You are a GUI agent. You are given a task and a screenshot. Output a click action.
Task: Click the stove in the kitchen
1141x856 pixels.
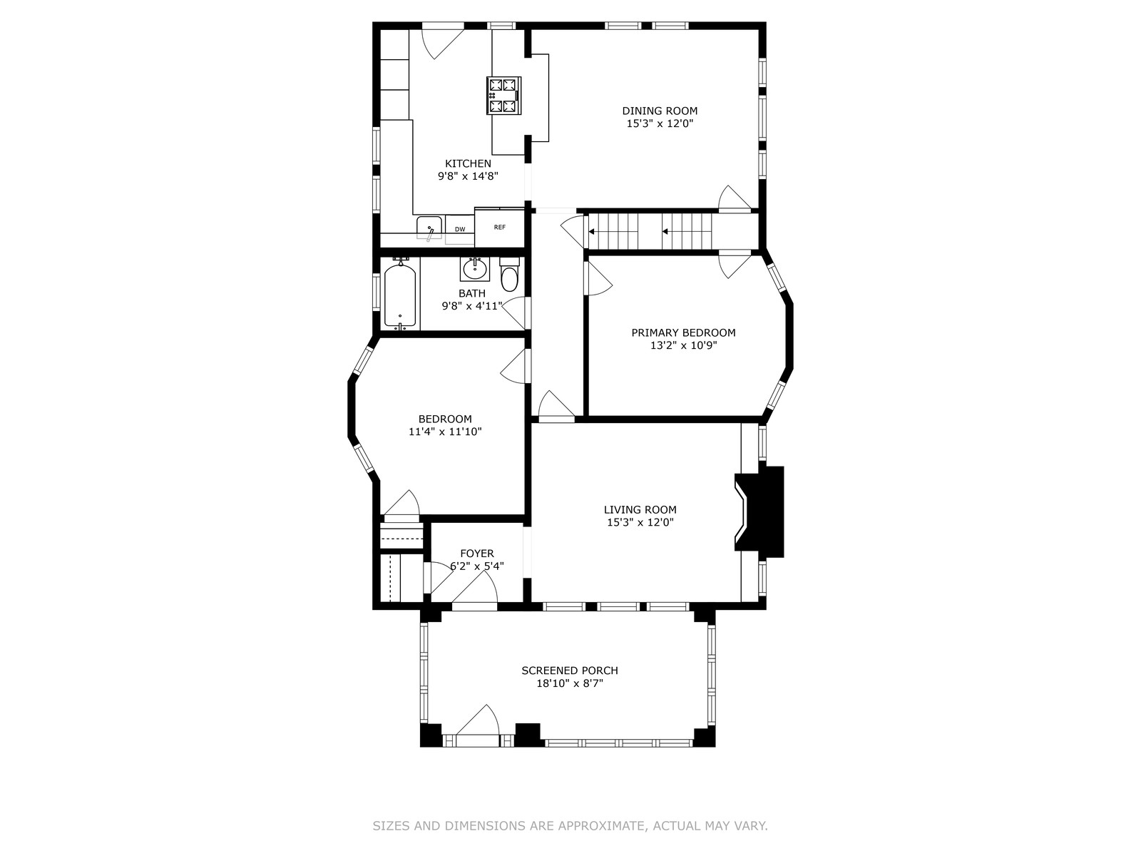tap(503, 95)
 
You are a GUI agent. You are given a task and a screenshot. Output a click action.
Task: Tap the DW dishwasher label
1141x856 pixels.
tap(460, 229)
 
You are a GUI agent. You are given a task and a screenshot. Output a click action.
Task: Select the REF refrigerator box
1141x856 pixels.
tap(500, 227)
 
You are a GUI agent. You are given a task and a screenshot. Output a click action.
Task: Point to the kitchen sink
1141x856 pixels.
tap(429, 228)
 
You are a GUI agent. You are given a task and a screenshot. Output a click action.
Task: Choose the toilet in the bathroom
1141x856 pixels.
tap(509, 274)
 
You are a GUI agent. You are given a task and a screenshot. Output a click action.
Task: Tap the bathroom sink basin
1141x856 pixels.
tap(475, 269)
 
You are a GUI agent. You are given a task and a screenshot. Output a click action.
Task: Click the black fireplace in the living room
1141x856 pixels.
tap(759, 512)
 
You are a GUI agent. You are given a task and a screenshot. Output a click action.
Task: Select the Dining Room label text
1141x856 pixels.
tap(660, 111)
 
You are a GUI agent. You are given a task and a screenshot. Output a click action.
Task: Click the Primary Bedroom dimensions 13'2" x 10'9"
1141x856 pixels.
tap(684, 346)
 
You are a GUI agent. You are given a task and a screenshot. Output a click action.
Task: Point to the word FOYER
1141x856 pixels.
tap(476, 554)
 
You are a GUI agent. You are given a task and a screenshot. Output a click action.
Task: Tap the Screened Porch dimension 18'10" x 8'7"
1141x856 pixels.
tap(570, 683)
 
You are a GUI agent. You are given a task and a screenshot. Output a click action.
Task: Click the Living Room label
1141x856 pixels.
tap(640, 510)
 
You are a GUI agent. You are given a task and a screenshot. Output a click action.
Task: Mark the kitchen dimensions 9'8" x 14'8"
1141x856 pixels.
tap(468, 176)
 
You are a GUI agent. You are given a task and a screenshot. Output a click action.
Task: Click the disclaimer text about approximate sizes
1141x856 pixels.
tap(570, 826)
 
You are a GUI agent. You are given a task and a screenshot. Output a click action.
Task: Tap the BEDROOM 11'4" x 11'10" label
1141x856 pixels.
tap(445, 425)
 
